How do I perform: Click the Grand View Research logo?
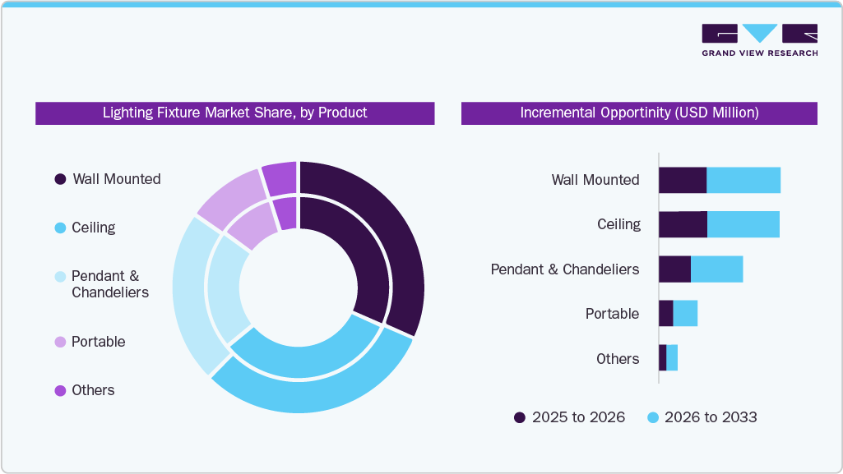tap(759, 39)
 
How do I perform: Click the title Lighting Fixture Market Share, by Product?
tap(234, 113)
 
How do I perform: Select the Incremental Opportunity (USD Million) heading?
tap(639, 113)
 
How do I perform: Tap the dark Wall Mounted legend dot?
tap(60, 179)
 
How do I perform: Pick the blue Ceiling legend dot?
tap(60, 228)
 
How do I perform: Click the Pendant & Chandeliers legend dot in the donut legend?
tap(60, 277)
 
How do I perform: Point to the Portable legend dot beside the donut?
tap(60, 342)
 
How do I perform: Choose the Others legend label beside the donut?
tap(93, 390)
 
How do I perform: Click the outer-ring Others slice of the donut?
tap(280, 178)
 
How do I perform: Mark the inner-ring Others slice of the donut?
tap(285, 214)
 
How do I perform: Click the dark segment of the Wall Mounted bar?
tap(683, 180)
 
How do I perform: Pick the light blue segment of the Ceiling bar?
tap(743, 224)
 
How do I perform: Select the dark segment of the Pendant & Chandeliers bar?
tap(674, 269)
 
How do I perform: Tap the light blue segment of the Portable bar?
tap(685, 314)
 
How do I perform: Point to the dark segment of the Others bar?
tap(662, 358)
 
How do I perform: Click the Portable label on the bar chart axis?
tap(612, 314)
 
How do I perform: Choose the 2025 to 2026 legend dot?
tap(520, 417)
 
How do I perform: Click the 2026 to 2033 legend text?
tap(711, 417)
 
